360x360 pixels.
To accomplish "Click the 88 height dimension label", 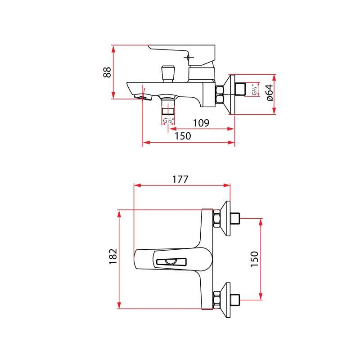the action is tap(107, 72).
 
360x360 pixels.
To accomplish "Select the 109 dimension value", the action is tap(201, 123).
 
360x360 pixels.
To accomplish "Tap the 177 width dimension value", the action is tap(180, 179).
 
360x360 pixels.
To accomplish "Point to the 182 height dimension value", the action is tap(113, 256).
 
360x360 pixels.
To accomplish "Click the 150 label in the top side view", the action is tap(183, 136).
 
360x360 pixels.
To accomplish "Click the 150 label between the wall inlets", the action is tap(254, 260).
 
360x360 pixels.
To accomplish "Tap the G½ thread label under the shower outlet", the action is tap(169, 121).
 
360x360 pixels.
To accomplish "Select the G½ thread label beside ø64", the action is tap(255, 89).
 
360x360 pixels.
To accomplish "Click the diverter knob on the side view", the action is tap(167, 73).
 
